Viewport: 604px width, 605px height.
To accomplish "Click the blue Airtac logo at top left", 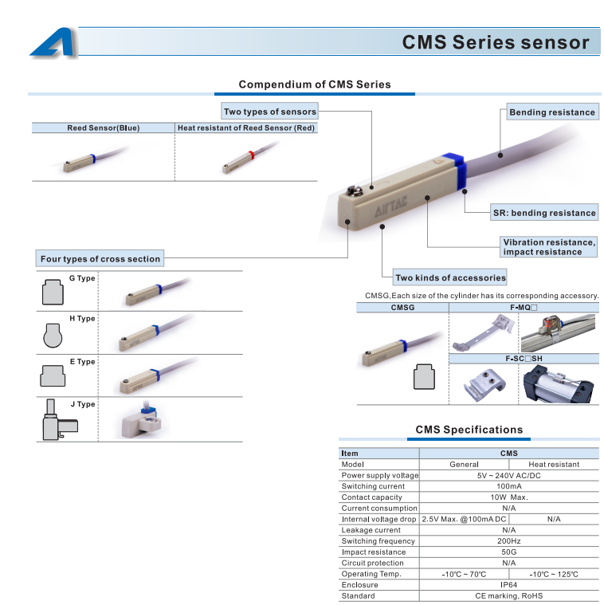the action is point(53,41).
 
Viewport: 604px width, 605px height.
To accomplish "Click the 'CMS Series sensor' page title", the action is point(496,42).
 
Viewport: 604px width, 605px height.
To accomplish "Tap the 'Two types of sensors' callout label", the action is point(270,111).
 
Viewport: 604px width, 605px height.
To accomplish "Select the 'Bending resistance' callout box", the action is point(552,112).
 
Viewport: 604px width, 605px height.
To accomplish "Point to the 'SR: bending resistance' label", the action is point(544,213).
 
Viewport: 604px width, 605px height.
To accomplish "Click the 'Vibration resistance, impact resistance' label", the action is point(549,247).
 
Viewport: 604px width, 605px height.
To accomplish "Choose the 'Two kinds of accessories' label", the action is point(450,277).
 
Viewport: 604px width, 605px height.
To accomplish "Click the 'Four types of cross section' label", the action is point(100,258).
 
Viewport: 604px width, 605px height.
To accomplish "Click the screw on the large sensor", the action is point(352,191).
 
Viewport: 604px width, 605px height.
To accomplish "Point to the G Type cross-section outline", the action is point(53,292).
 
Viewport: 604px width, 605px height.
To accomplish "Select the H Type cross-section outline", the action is point(53,336).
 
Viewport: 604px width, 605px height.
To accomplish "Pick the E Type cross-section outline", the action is point(53,375).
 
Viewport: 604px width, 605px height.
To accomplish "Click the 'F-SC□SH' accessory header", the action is point(524,359).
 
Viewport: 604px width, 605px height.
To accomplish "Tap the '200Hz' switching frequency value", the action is point(508,541).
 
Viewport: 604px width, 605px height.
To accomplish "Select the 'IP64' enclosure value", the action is point(508,584).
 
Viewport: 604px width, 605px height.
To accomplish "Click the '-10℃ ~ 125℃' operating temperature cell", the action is point(554,574).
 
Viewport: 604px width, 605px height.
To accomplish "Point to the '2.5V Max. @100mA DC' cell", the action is point(464,519).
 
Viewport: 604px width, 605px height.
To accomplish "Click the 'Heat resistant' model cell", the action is point(554,464).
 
